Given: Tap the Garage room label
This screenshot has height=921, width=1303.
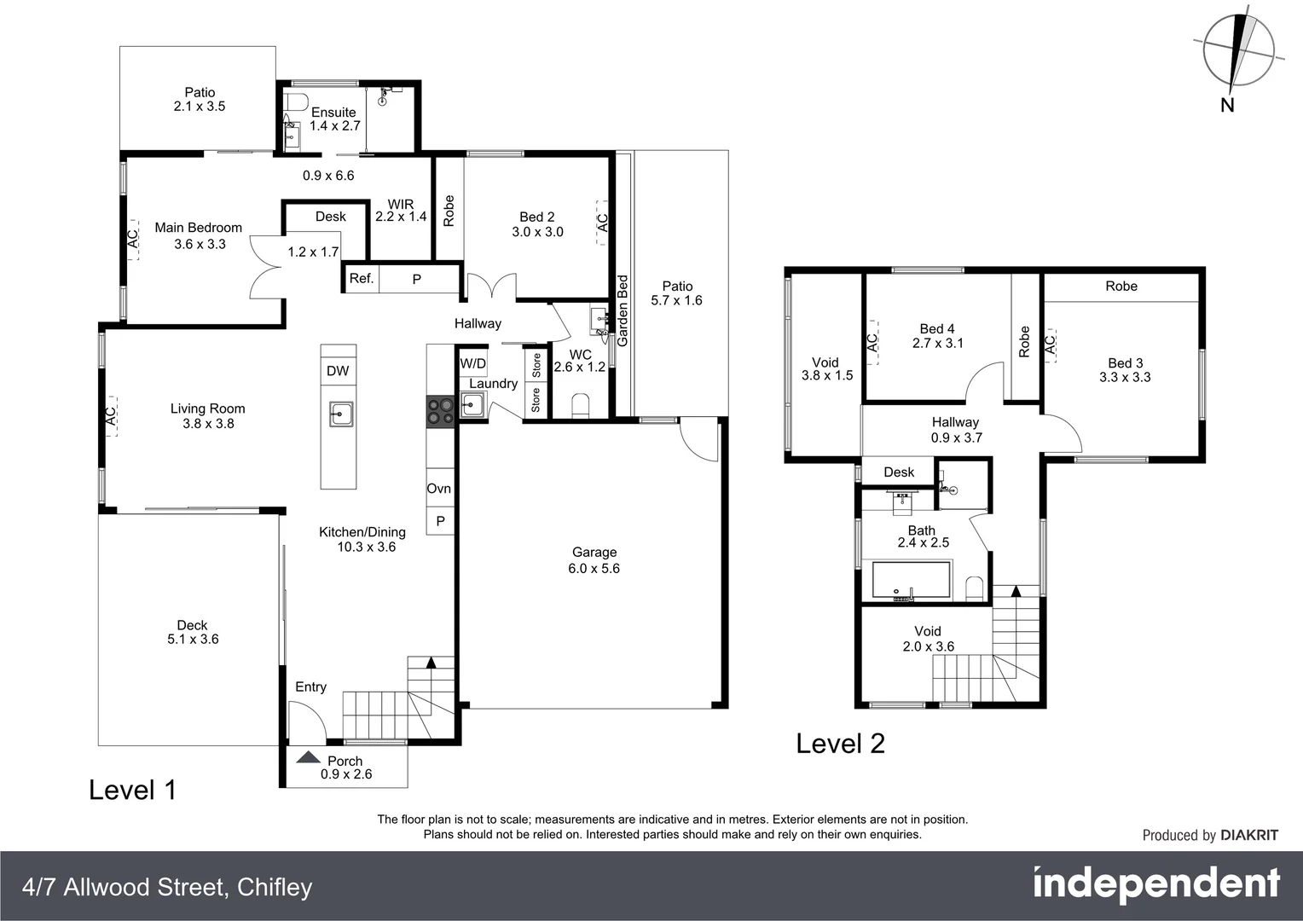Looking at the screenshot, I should (594, 553).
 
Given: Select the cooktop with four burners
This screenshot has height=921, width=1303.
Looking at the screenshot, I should (441, 412).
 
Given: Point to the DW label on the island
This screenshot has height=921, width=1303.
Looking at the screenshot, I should (338, 371).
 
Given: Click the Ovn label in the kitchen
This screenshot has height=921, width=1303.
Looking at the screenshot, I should (439, 489).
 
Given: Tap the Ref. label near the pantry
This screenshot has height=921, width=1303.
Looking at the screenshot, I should (362, 279).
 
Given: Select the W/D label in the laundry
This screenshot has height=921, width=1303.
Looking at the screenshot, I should (472, 364).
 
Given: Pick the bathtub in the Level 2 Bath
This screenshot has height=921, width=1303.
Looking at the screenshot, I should (911, 581).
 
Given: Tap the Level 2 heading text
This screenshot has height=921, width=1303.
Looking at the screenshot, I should (840, 744).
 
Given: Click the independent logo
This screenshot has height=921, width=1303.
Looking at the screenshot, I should (1156, 884).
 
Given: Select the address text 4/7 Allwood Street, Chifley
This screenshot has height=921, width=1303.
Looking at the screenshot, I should (168, 888).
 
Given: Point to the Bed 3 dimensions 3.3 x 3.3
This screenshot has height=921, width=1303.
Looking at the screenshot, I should (1125, 378).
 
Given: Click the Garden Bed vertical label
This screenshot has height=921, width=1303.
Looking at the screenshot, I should (623, 310).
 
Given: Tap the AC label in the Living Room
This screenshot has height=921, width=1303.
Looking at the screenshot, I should (111, 415).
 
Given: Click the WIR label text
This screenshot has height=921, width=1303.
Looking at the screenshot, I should (401, 205).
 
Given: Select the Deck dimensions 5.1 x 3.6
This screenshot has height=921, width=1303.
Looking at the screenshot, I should (193, 640).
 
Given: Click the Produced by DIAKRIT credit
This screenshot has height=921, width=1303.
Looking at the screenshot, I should (1210, 836).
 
